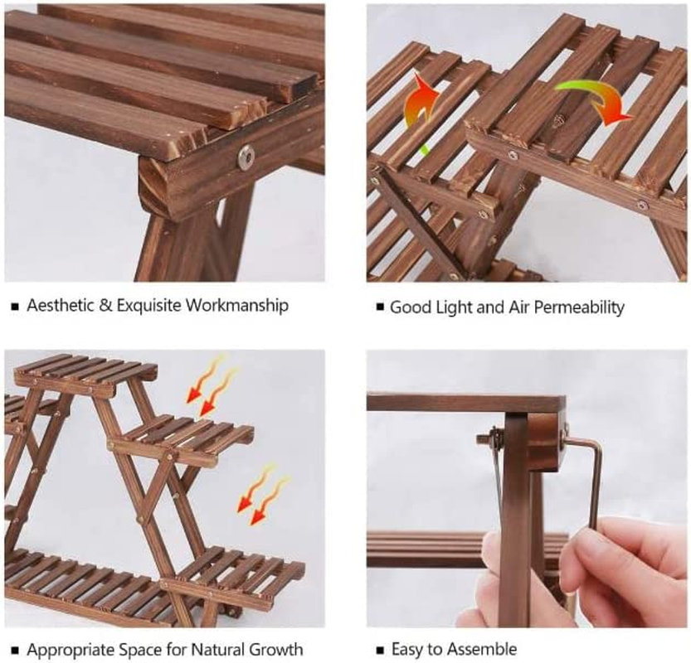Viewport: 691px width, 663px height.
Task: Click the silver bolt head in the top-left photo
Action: click(x=246, y=157)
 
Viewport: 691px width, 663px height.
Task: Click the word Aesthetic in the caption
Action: click(x=60, y=305)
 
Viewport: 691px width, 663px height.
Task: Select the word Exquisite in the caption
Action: click(x=149, y=306)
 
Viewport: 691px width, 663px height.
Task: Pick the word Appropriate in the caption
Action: click(x=66, y=650)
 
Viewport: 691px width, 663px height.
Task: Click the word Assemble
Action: click(x=485, y=649)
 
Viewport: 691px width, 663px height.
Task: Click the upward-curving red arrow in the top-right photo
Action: click(x=422, y=105)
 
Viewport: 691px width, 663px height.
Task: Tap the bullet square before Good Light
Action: click(x=380, y=307)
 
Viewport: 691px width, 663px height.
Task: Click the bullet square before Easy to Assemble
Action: click(x=380, y=650)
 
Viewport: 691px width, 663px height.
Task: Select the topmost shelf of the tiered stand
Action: click(x=86, y=372)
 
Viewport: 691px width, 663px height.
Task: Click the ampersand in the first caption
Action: click(x=105, y=305)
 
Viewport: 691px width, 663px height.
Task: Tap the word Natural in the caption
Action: click(x=217, y=650)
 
